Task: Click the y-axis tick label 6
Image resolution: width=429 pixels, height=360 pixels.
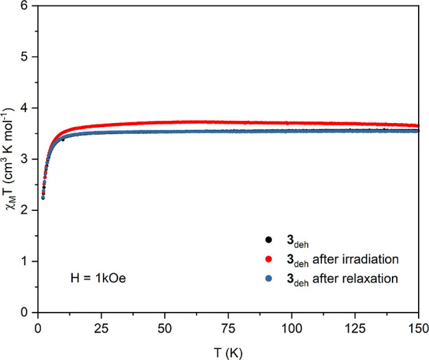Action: pos(27,6)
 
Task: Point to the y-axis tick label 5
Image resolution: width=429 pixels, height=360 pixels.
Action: pos(27,57)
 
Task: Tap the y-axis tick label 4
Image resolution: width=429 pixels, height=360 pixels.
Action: pos(27,109)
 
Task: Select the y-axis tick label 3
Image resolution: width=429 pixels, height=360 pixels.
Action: pos(27,159)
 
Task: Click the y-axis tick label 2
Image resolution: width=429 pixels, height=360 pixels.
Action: pos(27,211)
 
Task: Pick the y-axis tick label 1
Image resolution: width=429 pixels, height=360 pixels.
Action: pos(27,262)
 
